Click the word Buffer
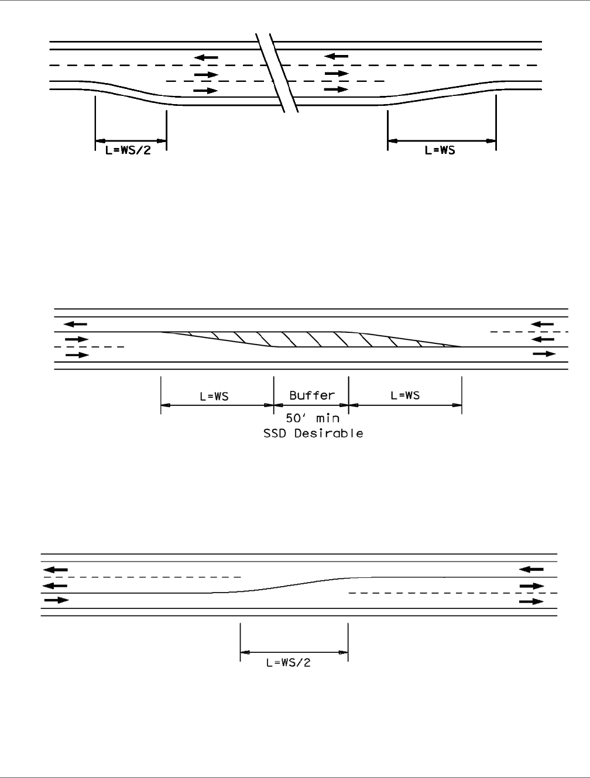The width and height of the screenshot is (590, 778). pyautogui.click(x=312, y=395)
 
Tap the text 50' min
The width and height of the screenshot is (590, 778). pyautogui.click(x=312, y=419)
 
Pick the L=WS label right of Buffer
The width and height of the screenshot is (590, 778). pyautogui.click(x=405, y=395)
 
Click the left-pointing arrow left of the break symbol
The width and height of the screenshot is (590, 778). pyautogui.click(x=206, y=57)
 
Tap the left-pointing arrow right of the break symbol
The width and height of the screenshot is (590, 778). pyautogui.click(x=337, y=56)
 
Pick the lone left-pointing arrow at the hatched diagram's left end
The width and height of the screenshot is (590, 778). pyautogui.click(x=76, y=323)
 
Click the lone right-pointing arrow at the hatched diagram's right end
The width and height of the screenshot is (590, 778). pyautogui.click(x=544, y=354)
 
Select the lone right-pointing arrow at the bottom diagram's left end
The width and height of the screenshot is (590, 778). pyautogui.click(x=56, y=600)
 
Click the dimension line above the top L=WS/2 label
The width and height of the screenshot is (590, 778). pyautogui.click(x=131, y=140)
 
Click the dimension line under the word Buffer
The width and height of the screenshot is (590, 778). pyautogui.click(x=311, y=404)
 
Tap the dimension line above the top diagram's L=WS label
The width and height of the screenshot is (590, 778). pyautogui.click(x=441, y=140)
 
